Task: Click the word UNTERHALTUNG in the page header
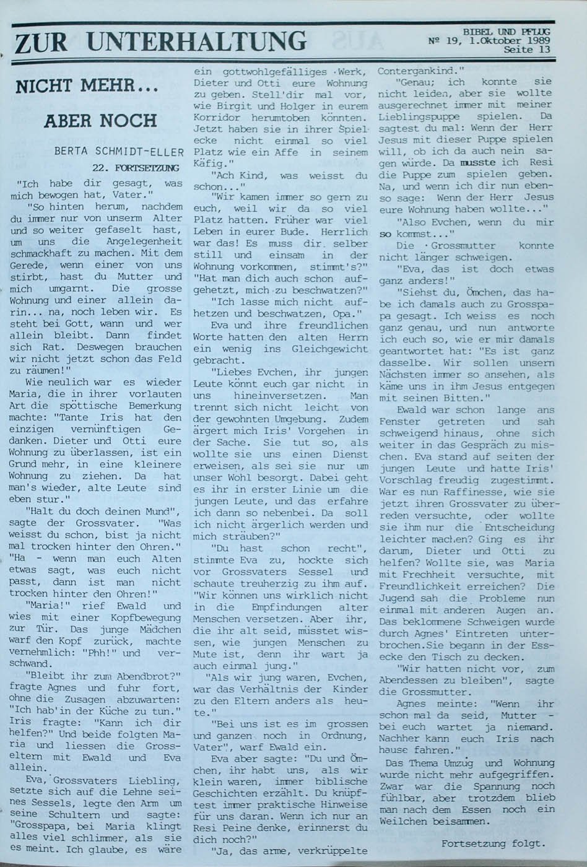[197, 41]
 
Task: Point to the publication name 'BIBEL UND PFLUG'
[507, 32]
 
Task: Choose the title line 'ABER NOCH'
[100, 120]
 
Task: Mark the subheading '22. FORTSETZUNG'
[136, 167]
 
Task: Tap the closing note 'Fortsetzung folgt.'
[494, 843]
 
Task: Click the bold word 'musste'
[469, 162]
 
